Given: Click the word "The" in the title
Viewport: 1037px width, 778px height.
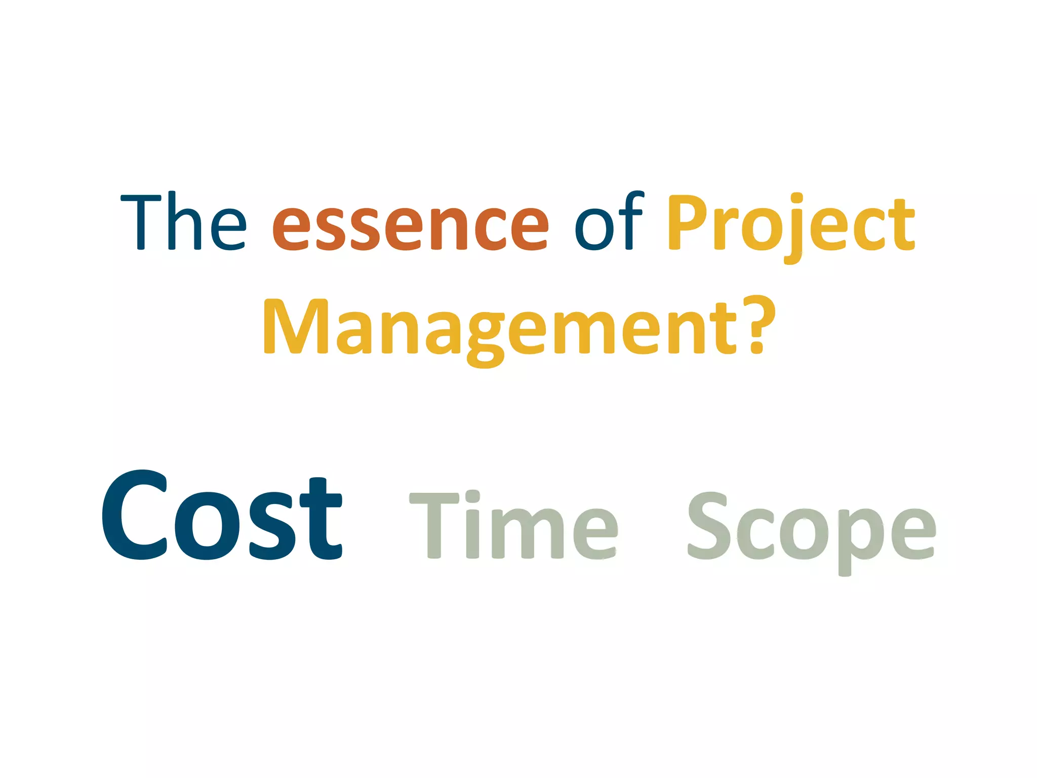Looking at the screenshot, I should coord(183,222).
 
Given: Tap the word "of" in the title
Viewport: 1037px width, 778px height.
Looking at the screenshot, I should coord(609,222).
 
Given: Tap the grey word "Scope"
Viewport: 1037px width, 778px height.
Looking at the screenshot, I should coord(811,529).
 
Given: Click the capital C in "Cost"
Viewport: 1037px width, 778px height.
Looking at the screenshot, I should coord(135,516).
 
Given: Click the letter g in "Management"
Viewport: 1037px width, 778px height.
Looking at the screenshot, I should coord(485,339).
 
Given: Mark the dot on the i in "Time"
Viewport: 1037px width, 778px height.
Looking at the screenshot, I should coord(472,496).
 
